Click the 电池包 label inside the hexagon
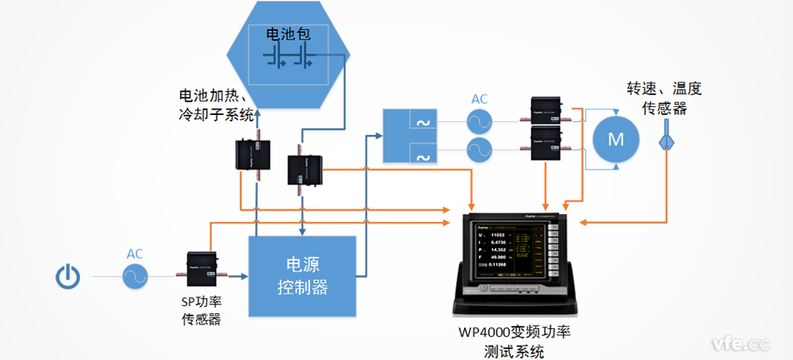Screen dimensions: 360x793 click(286, 35)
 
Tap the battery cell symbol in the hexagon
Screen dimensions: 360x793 click(289, 56)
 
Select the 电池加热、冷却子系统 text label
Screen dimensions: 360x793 click(216, 105)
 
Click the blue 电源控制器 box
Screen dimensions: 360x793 click(301, 275)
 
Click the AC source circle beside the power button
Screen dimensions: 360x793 click(136, 276)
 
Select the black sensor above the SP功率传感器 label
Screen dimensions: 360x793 click(202, 266)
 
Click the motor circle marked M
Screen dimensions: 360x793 click(615, 139)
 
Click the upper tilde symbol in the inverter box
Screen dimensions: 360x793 click(422, 121)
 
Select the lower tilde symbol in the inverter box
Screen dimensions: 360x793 click(422, 155)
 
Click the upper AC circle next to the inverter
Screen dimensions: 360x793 click(479, 121)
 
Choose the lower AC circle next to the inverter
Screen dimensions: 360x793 click(479, 149)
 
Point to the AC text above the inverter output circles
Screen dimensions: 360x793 click(480, 99)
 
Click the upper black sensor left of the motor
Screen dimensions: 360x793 click(547, 111)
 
